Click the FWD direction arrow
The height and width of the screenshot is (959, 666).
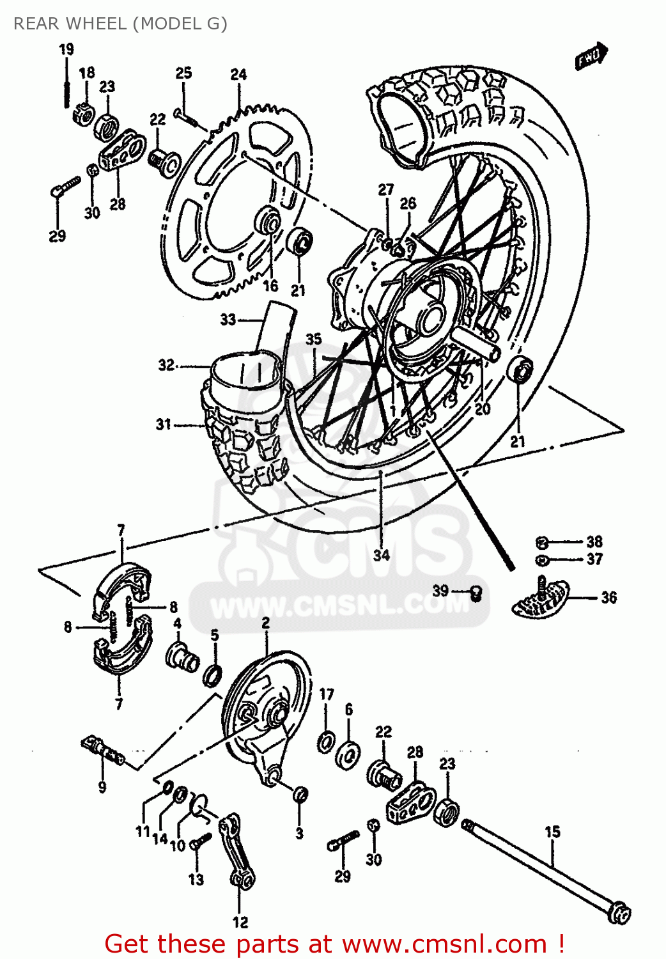coord(591,56)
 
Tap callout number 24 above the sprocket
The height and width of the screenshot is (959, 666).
coord(238,75)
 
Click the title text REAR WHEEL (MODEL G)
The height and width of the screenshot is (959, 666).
coord(120,24)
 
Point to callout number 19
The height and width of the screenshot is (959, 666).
coord(66,49)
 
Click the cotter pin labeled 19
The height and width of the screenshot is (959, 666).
coord(66,86)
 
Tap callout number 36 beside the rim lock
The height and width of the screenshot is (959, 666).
coord(608,598)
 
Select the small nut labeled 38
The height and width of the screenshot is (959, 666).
coord(541,543)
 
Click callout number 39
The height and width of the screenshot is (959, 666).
coord(440,591)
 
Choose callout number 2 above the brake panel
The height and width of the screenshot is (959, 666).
coord(265,623)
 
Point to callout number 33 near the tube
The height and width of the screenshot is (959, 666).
coord(228,319)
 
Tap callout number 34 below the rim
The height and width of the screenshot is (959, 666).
coord(382,554)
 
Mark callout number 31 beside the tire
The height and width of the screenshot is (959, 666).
coord(164,425)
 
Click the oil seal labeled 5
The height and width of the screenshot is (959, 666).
coord(213,674)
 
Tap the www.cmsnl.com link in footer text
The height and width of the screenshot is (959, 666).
coord(444,944)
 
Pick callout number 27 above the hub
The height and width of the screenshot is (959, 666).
coord(386,190)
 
